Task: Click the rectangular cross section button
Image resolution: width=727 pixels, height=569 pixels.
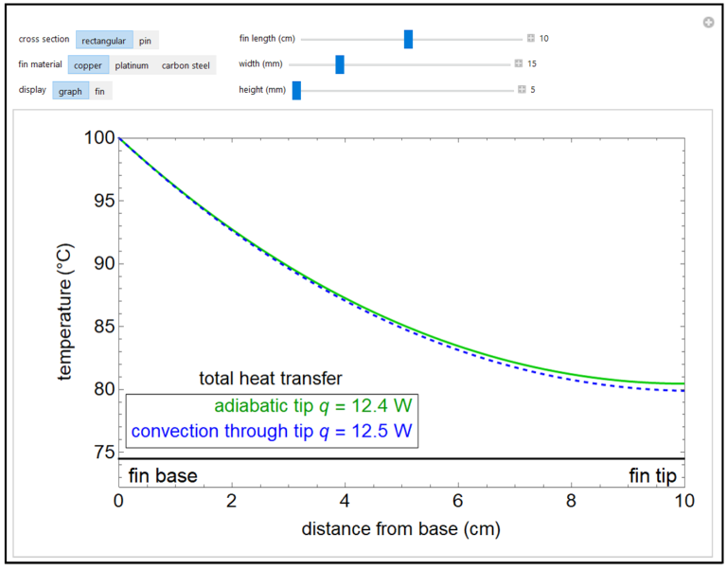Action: pos(104,40)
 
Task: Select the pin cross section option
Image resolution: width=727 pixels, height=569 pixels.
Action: pos(147,40)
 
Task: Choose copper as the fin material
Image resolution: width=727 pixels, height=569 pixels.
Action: pos(88,65)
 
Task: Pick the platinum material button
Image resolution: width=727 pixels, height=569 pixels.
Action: pos(132,65)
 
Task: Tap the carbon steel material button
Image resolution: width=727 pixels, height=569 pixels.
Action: pos(186,65)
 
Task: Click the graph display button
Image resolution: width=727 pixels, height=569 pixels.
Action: pos(71,91)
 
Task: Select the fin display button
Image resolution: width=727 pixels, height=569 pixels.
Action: pos(100,91)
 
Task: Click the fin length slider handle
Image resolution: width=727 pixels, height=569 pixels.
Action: pos(408,39)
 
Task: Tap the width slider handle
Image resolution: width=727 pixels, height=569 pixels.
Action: pos(340,64)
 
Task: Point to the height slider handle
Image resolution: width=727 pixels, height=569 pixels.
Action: pos(296,90)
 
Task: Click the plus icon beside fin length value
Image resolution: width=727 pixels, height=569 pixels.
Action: pos(531,39)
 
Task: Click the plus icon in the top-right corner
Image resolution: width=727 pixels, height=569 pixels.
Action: pos(708,23)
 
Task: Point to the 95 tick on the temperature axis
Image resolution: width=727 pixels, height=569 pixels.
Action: pos(98,201)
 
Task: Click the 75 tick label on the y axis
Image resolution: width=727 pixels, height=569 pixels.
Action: pos(98,453)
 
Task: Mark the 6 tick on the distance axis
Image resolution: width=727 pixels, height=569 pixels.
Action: pos(457,499)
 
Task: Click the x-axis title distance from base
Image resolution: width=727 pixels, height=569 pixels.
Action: pos(400,528)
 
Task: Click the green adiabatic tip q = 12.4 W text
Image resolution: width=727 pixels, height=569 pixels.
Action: pos(313,406)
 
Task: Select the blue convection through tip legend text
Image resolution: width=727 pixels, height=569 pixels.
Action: pos(272,431)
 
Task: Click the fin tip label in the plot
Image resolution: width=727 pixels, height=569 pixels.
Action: pos(653,475)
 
